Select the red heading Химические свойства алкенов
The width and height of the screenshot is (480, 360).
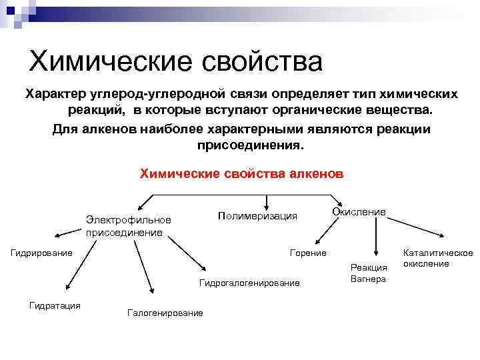241,173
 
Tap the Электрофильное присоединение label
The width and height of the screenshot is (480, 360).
128,226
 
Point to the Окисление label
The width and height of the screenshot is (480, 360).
359,212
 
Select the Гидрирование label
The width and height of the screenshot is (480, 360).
41,253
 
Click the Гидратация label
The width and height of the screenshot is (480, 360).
54,305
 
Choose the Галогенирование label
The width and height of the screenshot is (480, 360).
164,313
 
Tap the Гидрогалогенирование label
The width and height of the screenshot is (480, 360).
249,283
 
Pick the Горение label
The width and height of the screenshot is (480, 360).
308,253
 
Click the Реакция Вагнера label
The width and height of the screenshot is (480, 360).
368,273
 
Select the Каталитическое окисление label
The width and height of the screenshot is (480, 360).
437,258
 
